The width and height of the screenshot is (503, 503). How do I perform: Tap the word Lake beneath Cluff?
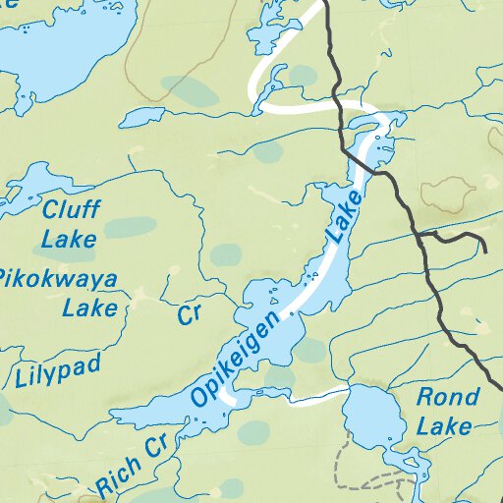tap(69, 238)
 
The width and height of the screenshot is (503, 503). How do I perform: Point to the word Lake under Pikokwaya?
tap(89, 308)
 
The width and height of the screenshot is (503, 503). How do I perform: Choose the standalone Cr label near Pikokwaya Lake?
tap(189, 314)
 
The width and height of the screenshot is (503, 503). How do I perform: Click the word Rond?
tap(449, 398)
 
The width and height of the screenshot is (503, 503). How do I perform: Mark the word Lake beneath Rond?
tap(443, 426)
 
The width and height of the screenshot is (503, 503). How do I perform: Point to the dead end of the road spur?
tap(486, 252)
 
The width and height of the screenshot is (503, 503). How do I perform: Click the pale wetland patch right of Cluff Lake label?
tap(130, 228)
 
